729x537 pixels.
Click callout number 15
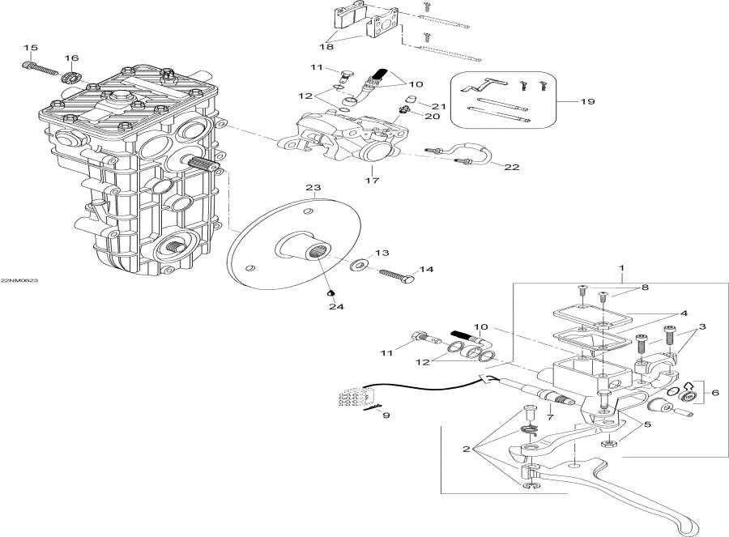31,47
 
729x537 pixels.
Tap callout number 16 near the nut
72,58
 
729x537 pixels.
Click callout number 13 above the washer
382,253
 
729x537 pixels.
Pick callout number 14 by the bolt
426,269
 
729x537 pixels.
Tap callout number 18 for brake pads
326,48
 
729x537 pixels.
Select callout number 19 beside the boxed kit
588,102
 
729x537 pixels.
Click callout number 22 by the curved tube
511,168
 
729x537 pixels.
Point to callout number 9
386,416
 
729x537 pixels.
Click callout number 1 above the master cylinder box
622,267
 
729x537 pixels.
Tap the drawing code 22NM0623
19,280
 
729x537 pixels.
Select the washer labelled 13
357,265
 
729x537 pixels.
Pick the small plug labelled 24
330,292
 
